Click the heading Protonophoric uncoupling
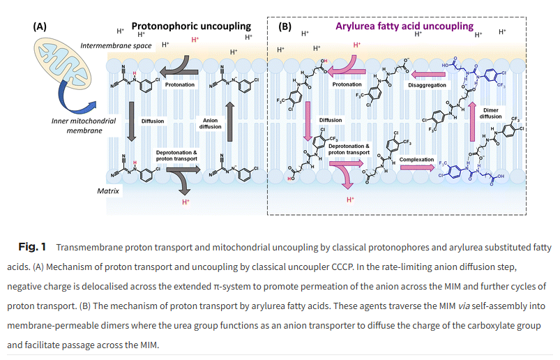coord(191,26)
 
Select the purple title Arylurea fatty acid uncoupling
coord(404,26)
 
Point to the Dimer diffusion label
coord(491,114)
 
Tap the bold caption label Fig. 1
coord(32,247)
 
